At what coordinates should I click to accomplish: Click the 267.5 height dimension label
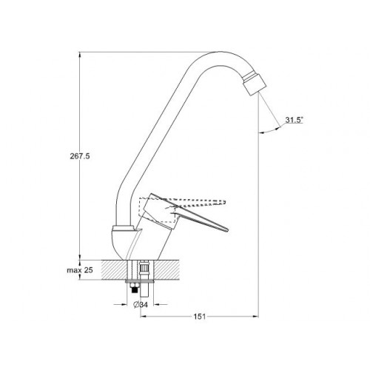pyautogui.click(x=80, y=156)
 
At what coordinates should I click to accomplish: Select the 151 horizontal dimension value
pyautogui.click(x=199, y=317)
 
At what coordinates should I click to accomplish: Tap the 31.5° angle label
pyautogui.click(x=294, y=120)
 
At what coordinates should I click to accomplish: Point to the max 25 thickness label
pyautogui.click(x=80, y=270)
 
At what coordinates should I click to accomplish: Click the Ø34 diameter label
pyautogui.click(x=141, y=305)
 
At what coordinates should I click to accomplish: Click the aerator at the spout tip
pyautogui.click(x=255, y=83)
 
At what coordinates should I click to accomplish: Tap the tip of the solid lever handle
pyautogui.click(x=228, y=231)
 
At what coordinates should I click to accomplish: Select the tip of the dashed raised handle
pyautogui.click(x=225, y=202)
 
